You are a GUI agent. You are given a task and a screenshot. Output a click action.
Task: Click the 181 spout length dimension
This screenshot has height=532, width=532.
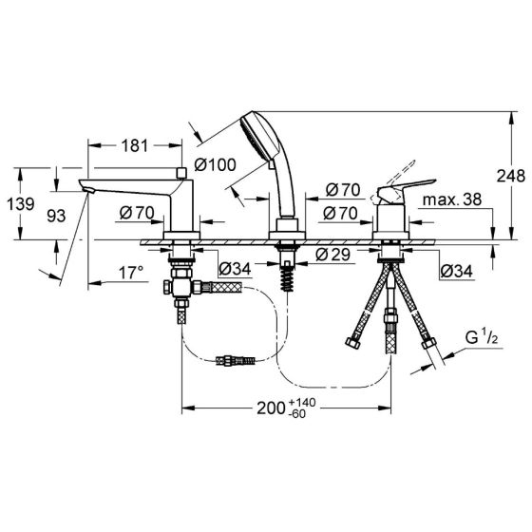135,145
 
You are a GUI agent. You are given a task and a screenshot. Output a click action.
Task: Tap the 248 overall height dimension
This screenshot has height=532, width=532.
511,176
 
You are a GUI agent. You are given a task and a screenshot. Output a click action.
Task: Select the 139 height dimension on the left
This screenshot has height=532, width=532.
21,204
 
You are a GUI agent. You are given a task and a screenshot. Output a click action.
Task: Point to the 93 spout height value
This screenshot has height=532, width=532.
56,216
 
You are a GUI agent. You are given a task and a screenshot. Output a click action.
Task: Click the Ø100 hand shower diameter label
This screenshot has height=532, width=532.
215,165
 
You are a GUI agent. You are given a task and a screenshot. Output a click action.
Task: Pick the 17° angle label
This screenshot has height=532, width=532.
131,273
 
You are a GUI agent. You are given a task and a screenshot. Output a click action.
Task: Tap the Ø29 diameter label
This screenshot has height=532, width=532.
332,255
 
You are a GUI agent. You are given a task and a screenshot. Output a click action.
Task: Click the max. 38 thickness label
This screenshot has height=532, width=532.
452,199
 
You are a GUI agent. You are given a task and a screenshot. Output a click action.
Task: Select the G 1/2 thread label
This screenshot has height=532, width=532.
482,337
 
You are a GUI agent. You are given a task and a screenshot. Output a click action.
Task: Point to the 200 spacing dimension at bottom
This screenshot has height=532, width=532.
270,408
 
